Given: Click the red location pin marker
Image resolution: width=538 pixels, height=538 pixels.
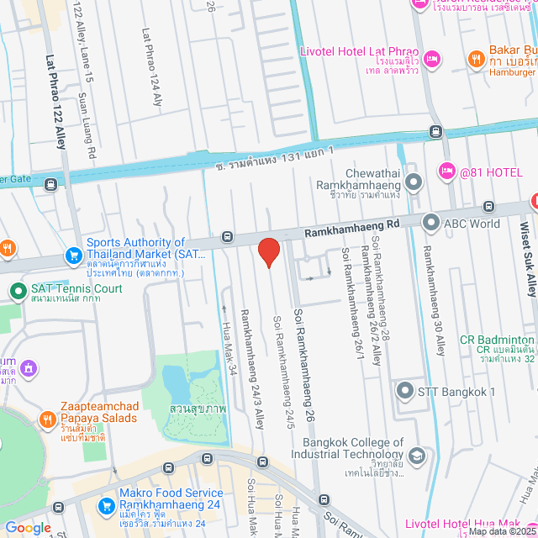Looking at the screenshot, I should click(x=268, y=251).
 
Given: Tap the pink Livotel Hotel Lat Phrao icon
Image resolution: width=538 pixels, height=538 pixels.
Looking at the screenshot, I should click(x=432, y=58).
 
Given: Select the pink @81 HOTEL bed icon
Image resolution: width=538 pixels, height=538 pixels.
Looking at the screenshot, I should click(x=446, y=171).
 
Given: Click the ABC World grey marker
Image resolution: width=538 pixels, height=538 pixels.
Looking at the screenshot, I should click(x=431, y=223).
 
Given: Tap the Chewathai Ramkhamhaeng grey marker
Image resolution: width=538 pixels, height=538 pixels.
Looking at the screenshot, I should click(x=413, y=182).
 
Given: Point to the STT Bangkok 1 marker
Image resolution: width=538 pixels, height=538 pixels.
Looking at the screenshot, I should click(x=406, y=391).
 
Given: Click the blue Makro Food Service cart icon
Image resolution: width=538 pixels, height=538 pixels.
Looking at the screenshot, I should click(x=106, y=505).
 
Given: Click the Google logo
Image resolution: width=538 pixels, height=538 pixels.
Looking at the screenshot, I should click(x=28, y=527).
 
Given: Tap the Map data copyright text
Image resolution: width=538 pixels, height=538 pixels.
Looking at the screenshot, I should click(x=501, y=531).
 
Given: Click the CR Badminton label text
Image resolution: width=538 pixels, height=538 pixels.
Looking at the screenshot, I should click(x=496, y=340).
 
